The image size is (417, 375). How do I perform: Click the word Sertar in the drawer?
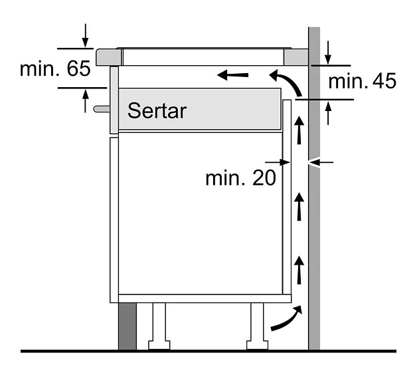coord(157,110)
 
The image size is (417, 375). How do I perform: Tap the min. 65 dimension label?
coord(55,68)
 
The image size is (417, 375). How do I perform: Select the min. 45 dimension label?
coord(362,81)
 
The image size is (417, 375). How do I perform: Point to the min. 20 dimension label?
coord(240,178)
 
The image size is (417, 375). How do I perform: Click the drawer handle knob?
coord(102,108)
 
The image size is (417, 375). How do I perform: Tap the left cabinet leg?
coord(159,326)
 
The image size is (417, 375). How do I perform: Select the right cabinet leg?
coord(257,326)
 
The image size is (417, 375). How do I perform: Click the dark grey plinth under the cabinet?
coord(127,326)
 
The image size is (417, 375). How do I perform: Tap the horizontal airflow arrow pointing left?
coord(232,75)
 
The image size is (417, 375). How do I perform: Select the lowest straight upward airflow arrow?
coord(299,270)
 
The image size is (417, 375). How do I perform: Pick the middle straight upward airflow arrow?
coord(299,206)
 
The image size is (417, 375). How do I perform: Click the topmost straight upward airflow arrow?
coord(299,130)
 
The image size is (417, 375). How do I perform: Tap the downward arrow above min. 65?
coord(85,35)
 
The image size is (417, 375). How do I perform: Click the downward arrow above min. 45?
coord(328,53)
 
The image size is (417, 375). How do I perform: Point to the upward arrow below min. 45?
coord(328,113)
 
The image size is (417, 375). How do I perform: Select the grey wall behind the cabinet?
coord(314,188)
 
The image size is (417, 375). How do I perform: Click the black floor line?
coord(208,351)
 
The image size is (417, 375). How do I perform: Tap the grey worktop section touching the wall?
coord(296,57)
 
